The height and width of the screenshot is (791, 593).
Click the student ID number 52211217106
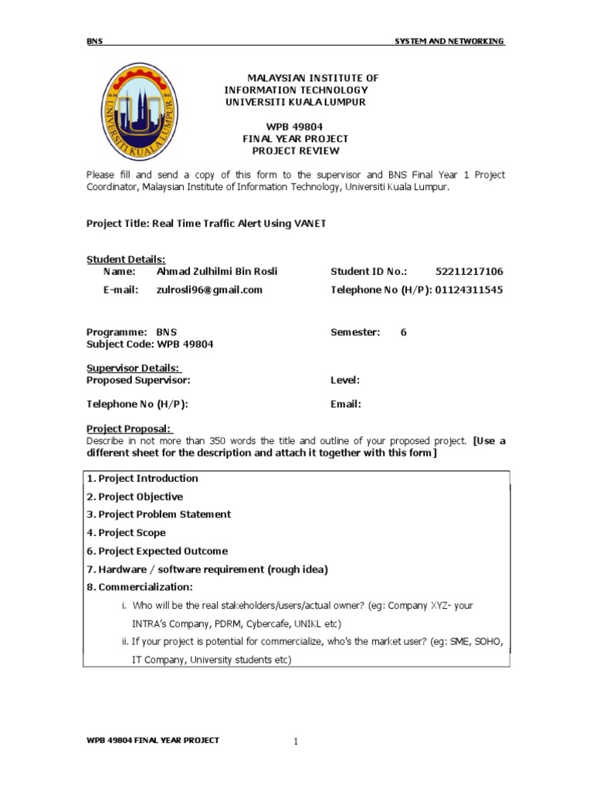(469, 271)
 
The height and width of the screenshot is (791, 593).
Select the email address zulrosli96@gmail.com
(209, 290)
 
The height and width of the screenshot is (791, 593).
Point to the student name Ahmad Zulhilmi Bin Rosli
(216, 271)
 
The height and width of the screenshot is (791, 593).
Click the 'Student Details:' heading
(126, 260)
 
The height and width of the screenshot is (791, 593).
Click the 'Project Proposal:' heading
(130, 429)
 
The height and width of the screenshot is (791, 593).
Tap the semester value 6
(403, 332)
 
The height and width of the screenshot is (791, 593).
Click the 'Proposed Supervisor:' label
(138, 380)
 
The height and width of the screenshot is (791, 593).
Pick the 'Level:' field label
(345, 380)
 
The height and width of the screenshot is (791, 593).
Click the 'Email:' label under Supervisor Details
(345, 404)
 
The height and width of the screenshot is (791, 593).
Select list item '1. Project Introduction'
(142, 478)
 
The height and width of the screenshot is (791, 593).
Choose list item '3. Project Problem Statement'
(158, 514)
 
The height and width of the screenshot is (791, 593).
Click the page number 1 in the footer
(295, 742)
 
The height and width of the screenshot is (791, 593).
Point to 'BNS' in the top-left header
(94, 42)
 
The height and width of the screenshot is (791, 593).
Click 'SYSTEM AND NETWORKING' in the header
(449, 42)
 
